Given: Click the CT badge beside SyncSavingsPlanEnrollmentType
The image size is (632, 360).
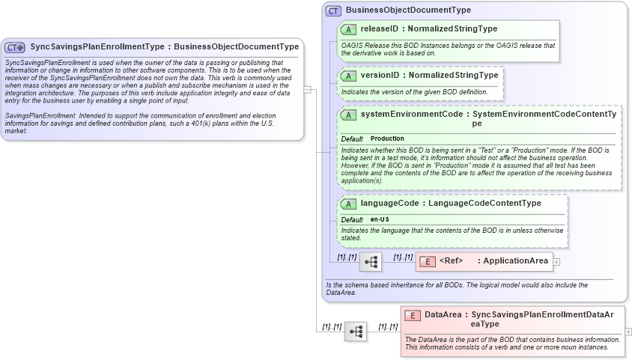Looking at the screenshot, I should pyautogui.click(x=15, y=47).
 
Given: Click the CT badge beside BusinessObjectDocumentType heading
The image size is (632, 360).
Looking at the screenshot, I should pyautogui.click(x=333, y=10).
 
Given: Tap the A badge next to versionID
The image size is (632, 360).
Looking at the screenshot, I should pyautogui.click(x=348, y=76).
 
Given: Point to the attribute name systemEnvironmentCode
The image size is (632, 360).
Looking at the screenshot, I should pyautogui.click(x=411, y=115).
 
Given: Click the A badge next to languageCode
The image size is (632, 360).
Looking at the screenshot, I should pyautogui.click(x=348, y=204).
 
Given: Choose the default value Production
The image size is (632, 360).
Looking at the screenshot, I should pyautogui.click(x=387, y=139).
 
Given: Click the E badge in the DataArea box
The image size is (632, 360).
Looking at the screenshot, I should pyautogui.click(x=412, y=315).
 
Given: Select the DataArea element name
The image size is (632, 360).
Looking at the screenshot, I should pyautogui.click(x=442, y=315).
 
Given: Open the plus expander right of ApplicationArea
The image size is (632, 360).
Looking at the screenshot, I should pyautogui.click(x=556, y=261).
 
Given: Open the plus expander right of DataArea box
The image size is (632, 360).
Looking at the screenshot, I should pyautogui.click(x=628, y=331).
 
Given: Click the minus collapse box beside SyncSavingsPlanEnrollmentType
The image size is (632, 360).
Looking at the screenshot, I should pyautogui.click(x=308, y=89).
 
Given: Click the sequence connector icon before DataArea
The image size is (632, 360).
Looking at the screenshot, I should pyautogui.click(x=355, y=331).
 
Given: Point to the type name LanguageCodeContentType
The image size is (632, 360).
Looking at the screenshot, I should pyautogui.click(x=484, y=204).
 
